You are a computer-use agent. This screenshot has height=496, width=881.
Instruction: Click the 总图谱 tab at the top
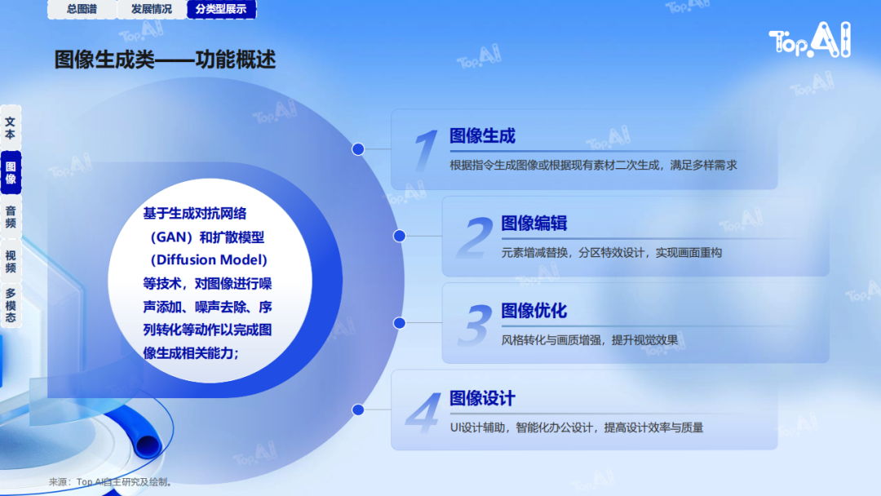pyautogui.click(x=82, y=9)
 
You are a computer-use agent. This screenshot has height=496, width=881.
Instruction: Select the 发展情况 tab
pyautogui.click(x=152, y=9)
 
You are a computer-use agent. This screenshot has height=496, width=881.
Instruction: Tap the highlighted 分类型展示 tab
pyautogui.click(x=221, y=9)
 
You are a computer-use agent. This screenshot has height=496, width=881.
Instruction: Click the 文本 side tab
pyautogui.click(x=11, y=127)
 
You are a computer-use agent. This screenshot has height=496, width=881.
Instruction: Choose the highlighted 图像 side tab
pyautogui.click(x=11, y=172)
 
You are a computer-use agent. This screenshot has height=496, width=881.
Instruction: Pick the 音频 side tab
pyautogui.click(x=11, y=217)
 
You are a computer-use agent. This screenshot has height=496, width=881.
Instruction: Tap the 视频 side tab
pyautogui.click(x=11, y=262)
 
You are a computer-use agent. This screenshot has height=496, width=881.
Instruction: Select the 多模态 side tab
pyautogui.click(x=11, y=306)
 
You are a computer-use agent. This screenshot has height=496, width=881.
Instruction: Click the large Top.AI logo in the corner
pyautogui.click(x=810, y=39)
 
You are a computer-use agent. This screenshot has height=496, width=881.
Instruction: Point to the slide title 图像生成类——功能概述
pyautogui.click(x=165, y=60)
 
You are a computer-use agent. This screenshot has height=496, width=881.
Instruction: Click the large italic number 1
pyautogui.click(x=425, y=149)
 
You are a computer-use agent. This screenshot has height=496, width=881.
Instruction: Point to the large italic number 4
pyautogui.click(x=423, y=413)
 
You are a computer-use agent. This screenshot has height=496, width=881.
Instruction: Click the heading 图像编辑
pyautogui.click(x=533, y=223)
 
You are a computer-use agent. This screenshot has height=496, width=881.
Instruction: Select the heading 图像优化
pyautogui.click(x=533, y=311)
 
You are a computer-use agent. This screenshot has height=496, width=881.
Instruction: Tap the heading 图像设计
pyautogui.click(x=482, y=398)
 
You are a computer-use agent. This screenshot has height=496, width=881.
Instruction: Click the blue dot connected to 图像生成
pyautogui.click(x=358, y=148)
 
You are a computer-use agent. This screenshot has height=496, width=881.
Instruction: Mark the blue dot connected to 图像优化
pyautogui.click(x=400, y=323)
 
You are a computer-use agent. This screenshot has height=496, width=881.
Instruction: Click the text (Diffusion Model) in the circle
pyautogui.click(x=209, y=260)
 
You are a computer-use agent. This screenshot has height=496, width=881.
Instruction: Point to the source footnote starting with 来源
pyautogui.click(x=110, y=482)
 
